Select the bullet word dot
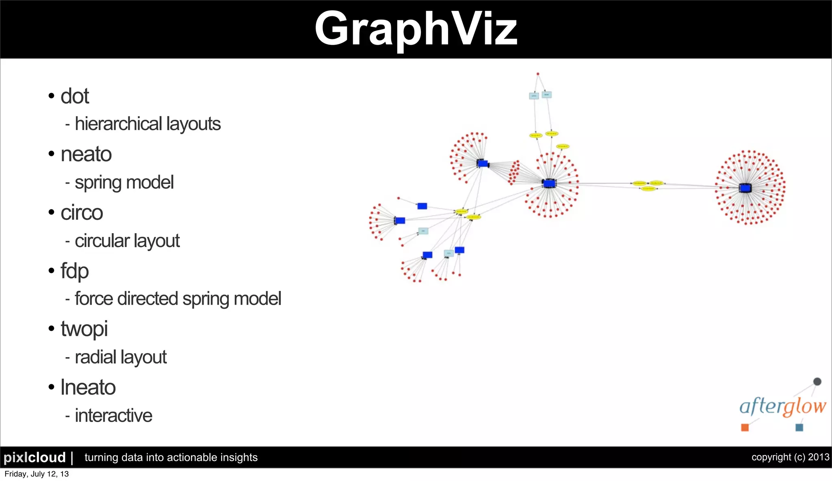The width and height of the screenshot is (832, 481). pyautogui.click(x=75, y=96)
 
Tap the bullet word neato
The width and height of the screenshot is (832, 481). pyautogui.click(x=86, y=154)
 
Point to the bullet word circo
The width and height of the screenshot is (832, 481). pyautogui.click(x=82, y=213)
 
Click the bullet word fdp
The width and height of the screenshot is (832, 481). pyautogui.click(x=75, y=271)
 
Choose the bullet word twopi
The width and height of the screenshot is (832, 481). pyautogui.click(x=84, y=329)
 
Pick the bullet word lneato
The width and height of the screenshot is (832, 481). pyautogui.click(x=88, y=387)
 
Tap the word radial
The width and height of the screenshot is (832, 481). pyautogui.click(x=95, y=357)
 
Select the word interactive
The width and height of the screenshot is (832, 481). pyautogui.click(x=114, y=416)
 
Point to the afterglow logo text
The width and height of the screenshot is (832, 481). pyautogui.click(x=782, y=406)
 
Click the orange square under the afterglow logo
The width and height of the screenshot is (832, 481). pyautogui.click(x=745, y=427)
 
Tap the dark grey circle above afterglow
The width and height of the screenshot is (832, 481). pyautogui.click(x=817, y=381)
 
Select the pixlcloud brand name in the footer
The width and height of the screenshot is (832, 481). pyautogui.click(x=35, y=457)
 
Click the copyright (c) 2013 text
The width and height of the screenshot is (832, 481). pyautogui.click(x=790, y=457)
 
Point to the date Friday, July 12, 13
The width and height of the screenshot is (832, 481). pyautogui.click(x=37, y=474)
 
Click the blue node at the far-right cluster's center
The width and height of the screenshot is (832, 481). pyautogui.click(x=745, y=188)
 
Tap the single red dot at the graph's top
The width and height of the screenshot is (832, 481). pyautogui.click(x=538, y=74)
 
